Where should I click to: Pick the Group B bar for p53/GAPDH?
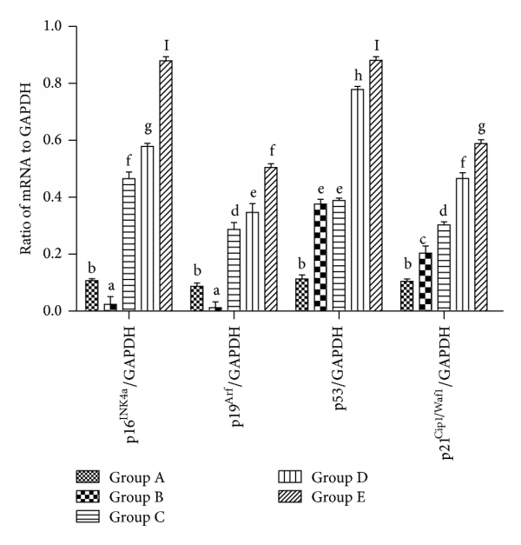coord(320,256)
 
